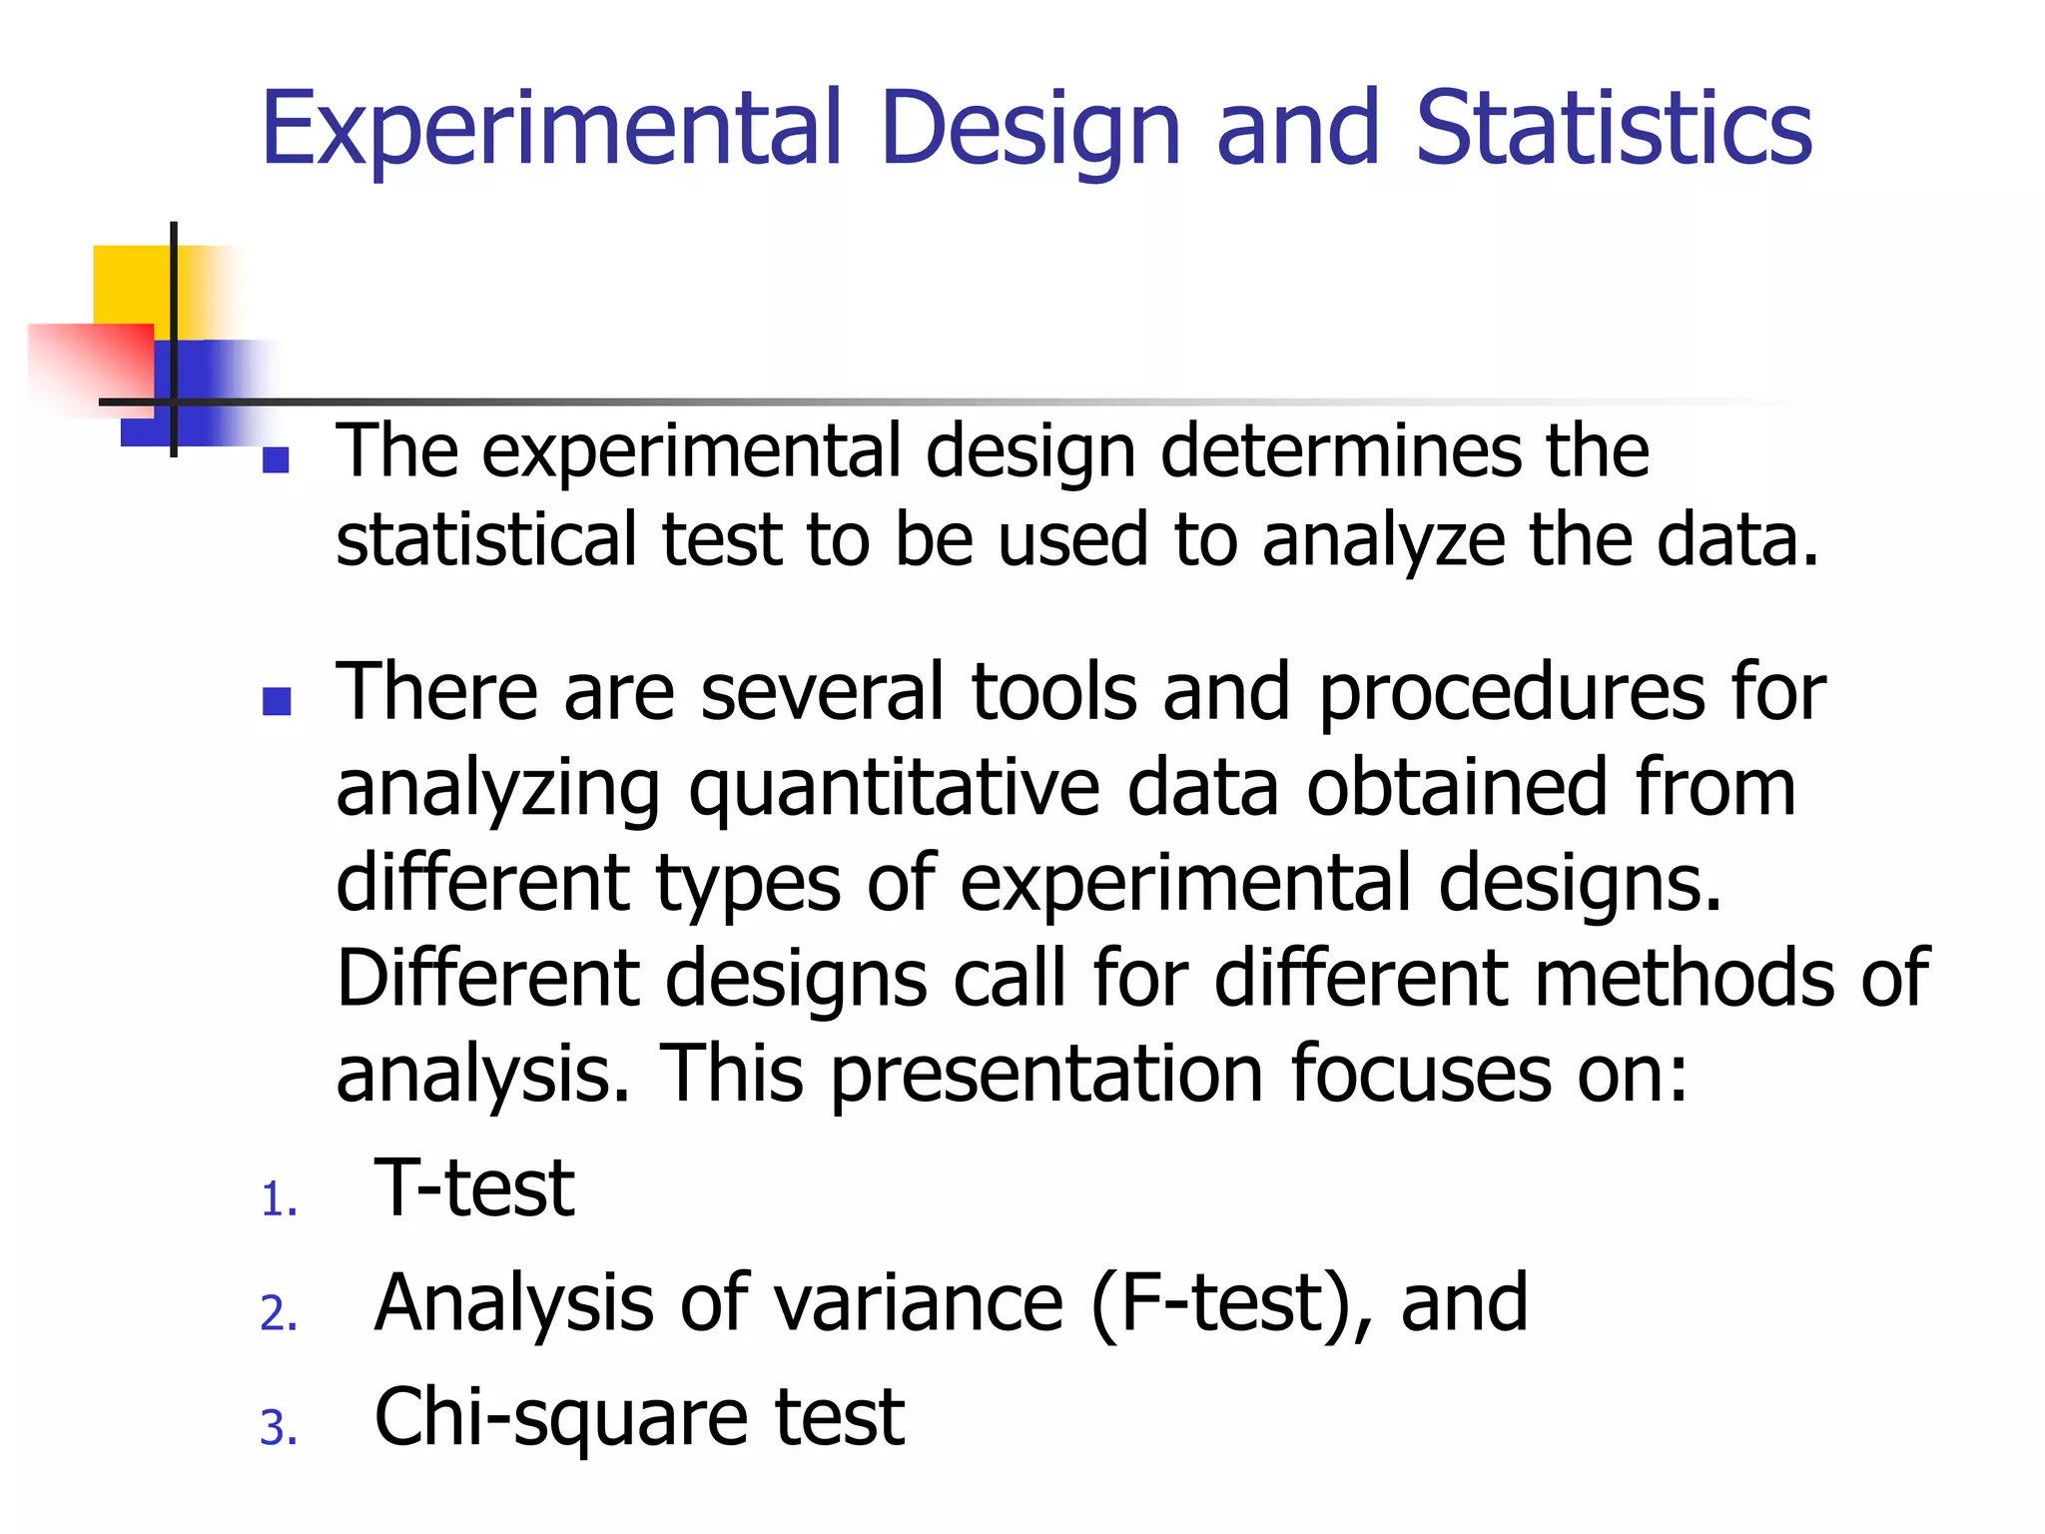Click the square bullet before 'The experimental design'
point(276,459)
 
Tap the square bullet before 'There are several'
point(276,701)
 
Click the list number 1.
point(279,1199)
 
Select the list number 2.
point(279,1313)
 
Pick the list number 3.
point(279,1427)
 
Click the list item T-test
point(473,1188)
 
